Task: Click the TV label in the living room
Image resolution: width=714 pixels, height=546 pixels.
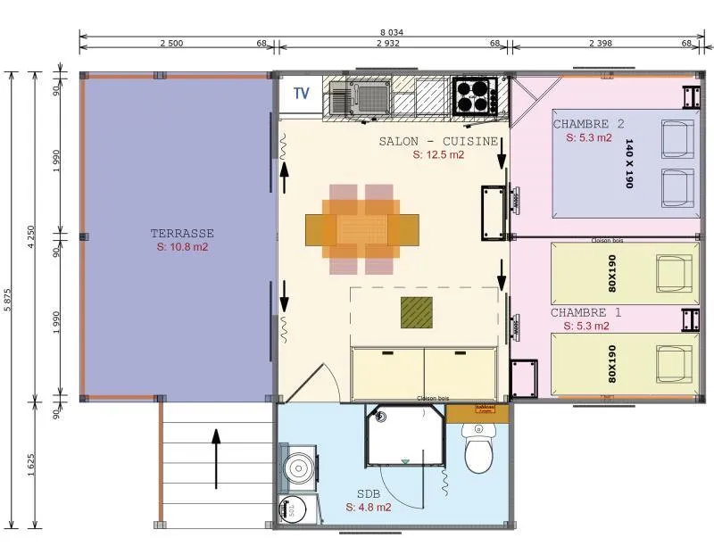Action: click(302, 93)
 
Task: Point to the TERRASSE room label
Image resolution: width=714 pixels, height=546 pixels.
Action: click(182, 234)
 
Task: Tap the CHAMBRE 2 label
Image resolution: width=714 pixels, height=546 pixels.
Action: click(588, 124)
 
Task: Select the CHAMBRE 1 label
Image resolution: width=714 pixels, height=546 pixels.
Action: click(585, 312)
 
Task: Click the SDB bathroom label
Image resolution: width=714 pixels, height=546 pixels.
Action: click(368, 493)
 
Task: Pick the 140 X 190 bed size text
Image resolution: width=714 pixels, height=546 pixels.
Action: click(629, 163)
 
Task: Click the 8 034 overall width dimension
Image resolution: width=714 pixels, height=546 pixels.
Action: click(389, 32)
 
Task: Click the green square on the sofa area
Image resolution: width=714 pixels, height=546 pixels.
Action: click(417, 312)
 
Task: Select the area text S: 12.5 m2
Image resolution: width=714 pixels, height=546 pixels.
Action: click(438, 154)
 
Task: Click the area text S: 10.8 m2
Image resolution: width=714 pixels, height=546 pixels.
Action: click(182, 246)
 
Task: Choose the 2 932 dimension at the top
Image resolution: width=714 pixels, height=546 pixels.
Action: click(387, 44)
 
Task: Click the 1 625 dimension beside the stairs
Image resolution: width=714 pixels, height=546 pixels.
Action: click(31, 464)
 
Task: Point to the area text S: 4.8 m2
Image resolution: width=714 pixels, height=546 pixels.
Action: click(369, 507)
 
